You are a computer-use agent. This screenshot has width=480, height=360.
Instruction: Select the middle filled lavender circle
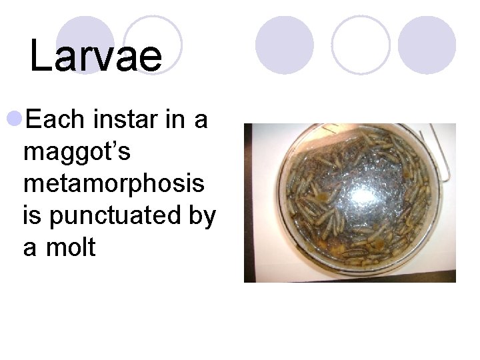285,45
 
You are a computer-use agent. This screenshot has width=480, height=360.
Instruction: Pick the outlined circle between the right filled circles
361,45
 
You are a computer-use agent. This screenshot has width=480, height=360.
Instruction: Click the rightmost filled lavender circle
427,45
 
